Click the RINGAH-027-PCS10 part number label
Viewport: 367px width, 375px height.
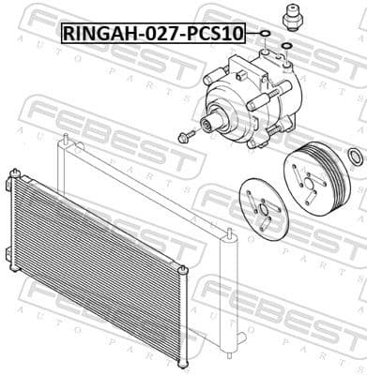coord(153,33)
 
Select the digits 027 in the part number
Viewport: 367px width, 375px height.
coord(159,33)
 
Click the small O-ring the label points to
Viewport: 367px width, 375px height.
coord(266,33)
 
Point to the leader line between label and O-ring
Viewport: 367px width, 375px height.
coord(252,33)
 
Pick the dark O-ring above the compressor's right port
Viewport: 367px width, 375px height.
coord(286,46)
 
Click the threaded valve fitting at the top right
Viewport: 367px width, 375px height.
coord(292,17)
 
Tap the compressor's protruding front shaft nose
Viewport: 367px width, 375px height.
coord(209,123)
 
